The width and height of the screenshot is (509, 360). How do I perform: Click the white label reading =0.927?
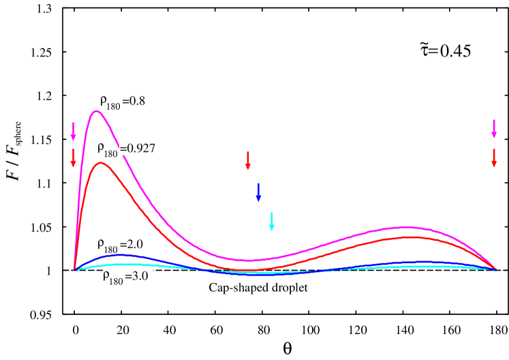pyautogui.click(x=138, y=147)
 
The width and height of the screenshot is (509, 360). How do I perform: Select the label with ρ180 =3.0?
pyautogui.click(x=127, y=278)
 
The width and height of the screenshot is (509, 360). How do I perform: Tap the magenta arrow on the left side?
pyautogui.click(x=74, y=130)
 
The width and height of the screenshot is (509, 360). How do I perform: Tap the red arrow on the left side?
pyautogui.click(x=74, y=157)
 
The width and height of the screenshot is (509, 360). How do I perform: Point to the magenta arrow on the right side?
pyautogui.click(x=494, y=128)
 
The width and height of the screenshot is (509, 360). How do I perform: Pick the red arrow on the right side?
pyautogui.click(x=494, y=157)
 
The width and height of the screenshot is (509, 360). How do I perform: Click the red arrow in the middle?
pyautogui.click(x=247, y=160)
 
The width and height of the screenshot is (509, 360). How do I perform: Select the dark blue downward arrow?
pyautogui.click(x=258, y=192)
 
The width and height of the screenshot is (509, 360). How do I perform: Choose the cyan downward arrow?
pyautogui.click(x=271, y=222)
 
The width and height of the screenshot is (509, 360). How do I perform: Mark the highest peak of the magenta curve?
pyautogui.click(x=97, y=110)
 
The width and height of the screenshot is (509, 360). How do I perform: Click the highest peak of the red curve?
pyautogui.click(x=100, y=162)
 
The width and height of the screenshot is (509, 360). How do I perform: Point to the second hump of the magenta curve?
pyautogui.click(x=407, y=226)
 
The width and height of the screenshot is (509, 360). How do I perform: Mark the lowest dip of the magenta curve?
pyautogui.click(x=250, y=260)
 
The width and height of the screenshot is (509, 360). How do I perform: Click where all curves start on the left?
pyautogui.click(x=74, y=269)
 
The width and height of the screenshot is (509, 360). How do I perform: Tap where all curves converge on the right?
pyautogui.click(x=495, y=269)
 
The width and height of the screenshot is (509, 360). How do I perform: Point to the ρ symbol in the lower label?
pyautogui.click(x=107, y=276)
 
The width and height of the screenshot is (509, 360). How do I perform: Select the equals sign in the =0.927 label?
pyautogui.click(x=123, y=147)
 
